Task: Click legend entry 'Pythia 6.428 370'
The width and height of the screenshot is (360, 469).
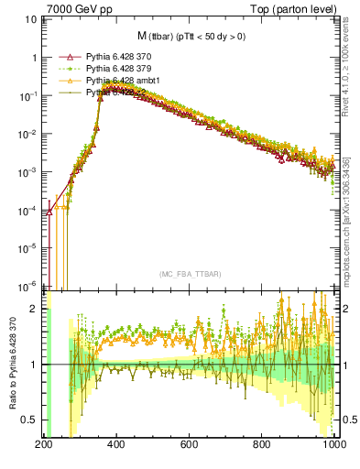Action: pyautogui.click(x=119, y=57)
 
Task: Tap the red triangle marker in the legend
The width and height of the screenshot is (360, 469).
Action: pyautogui.click(x=64, y=57)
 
